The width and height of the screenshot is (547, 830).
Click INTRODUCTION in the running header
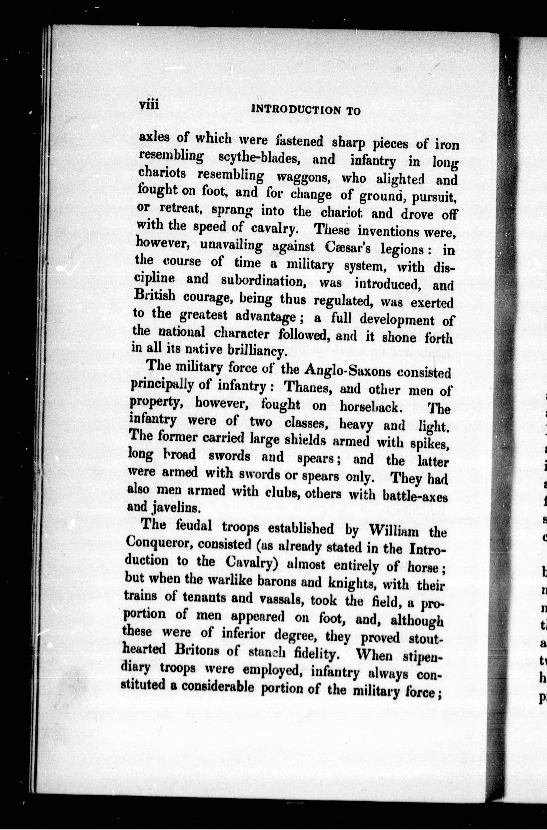point(295,110)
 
